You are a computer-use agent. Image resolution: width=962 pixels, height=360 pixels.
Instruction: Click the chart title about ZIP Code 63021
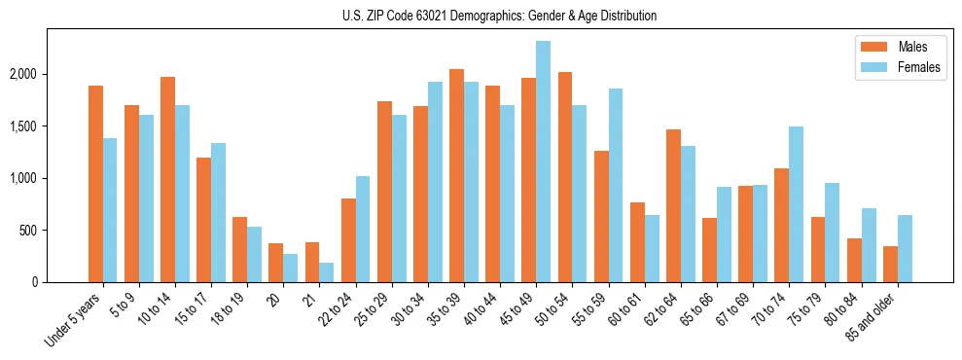click(x=499, y=16)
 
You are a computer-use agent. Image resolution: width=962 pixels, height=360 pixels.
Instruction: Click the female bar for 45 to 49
click(x=543, y=162)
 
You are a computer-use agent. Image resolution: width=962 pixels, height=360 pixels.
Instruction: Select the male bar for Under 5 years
click(x=95, y=184)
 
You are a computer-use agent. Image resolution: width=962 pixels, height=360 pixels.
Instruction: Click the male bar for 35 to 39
click(x=456, y=176)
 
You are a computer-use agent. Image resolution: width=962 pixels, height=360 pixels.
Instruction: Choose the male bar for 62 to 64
click(x=673, y=205)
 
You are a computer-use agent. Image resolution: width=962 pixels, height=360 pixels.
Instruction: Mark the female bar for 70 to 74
click(x=796, y=204)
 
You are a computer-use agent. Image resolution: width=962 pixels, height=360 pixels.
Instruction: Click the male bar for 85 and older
click(x=890, y=264)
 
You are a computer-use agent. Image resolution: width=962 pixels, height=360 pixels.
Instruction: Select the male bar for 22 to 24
click(x=348, y=240)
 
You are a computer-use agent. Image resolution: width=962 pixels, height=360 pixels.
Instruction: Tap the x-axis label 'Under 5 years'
click(x=73, y=319)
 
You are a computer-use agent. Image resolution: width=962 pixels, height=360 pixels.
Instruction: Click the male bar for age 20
click(x=276, y=263)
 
